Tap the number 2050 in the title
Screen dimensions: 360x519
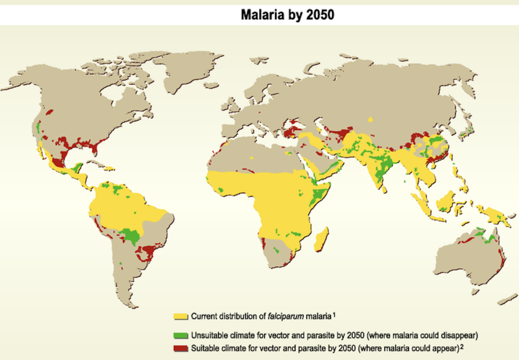pyautogui.click(x=320, y=15)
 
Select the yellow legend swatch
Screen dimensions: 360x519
pyautogui.click(x=181, y=316)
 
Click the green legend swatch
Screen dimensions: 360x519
pyautogui.click(x=181, y=336)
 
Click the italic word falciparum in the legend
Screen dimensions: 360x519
pyautogui.click(x=288, y=316)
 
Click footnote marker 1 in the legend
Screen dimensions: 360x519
pyautogui.click(x=335, y=314)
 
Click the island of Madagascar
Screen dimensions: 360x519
pyautogui.click(x=321, y=239)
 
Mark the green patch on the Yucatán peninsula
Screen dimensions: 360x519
pyautogui.click(x=78, y=167)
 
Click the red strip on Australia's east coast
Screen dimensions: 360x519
pyautogui.click(x=502, y=260)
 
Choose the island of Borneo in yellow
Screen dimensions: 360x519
pyautogui.click(x=446, y=201)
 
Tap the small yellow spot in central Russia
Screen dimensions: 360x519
pyautogui.click(x=371, y=119)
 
